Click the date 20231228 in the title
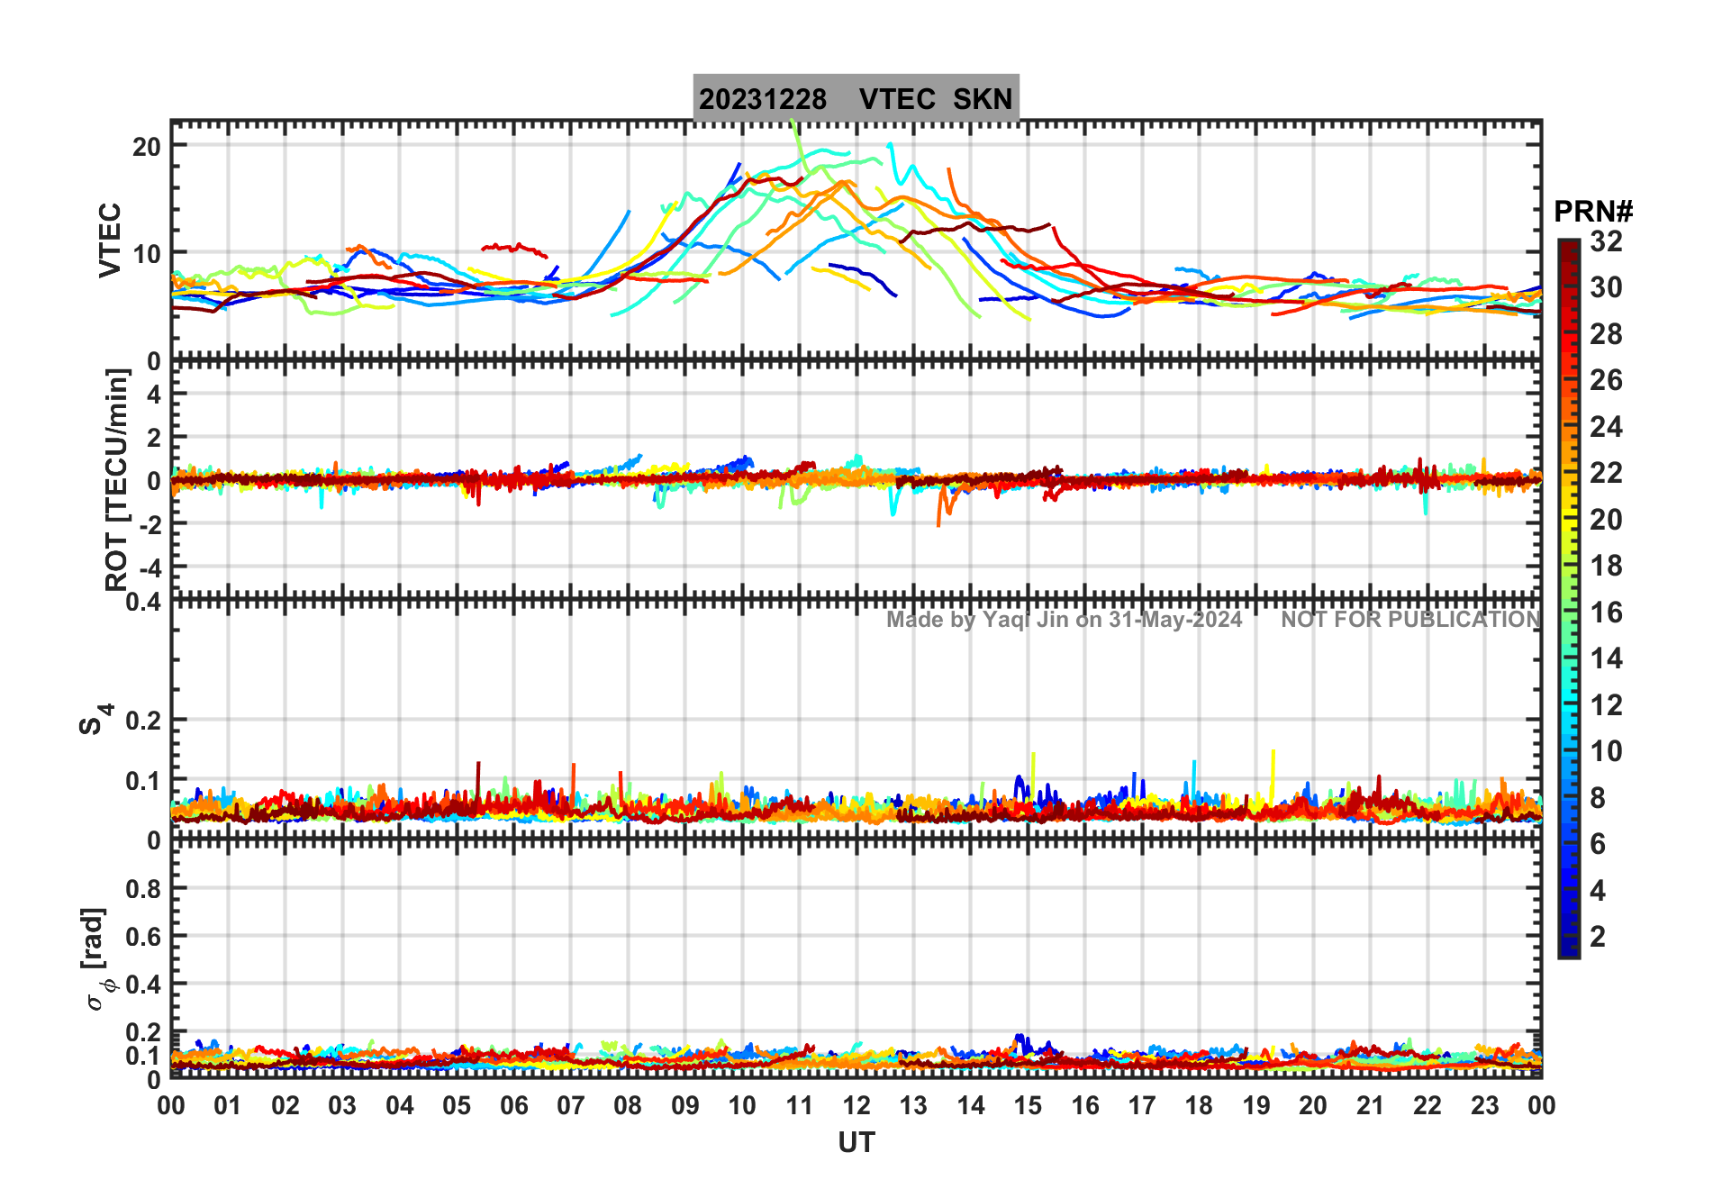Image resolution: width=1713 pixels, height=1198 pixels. (x=762, y=99)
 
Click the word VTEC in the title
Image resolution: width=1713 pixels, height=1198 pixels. (x=897, y=99)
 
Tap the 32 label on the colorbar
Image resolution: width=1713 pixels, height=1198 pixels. (x=1606, y=241)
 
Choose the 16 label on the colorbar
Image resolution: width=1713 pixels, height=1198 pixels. (x=1606, y=613)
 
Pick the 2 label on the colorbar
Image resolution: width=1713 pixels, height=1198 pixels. (x=1598, y=937)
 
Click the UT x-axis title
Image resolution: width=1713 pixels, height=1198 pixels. (x=856, y=1143)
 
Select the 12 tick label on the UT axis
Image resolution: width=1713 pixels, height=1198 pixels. (x=856, y=1106)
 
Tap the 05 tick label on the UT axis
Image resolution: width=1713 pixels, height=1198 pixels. (x=457, y=1106)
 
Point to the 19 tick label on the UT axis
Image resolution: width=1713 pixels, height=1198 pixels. (x=1255, y=1106)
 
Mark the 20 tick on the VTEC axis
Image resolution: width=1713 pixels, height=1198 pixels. (x=147, y=146)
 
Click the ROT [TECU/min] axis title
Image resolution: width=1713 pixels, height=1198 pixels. (x=117, y=479)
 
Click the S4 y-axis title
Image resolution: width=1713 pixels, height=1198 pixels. (x=95, y=720)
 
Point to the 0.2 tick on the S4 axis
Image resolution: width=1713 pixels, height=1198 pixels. (x=143, y=721)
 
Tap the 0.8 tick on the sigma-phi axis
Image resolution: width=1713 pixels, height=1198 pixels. (x=143, y=889)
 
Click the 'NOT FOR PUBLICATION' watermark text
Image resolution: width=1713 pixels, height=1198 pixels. (x=1410, y=620)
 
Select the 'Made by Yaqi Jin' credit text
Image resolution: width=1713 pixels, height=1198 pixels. (x=1064, y=620)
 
